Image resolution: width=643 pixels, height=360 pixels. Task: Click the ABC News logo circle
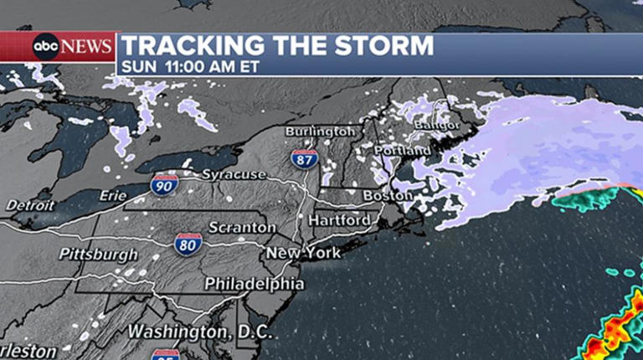pyautogui.click(x=46, y=47)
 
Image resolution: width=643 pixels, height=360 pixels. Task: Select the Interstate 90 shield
pyautogui.click(x=165, y=185)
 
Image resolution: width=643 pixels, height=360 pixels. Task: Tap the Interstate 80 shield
pyautogui.click(x=188, y=244)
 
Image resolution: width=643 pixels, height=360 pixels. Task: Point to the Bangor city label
pyautogui.click(x=436, y=125)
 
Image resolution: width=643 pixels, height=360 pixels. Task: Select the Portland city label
pyautogui.click(x=404, y=151)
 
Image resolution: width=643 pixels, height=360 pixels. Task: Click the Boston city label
pyautogui.click(x=387, y=196)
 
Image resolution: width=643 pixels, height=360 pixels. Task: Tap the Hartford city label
pyautogui.click(x=339, y=220)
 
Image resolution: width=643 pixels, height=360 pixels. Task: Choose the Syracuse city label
pyautogui.click(x=234, y=175)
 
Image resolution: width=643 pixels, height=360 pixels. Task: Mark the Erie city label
pyautogui.click(x=112, y=195)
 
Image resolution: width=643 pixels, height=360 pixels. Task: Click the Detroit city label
pyautogui.click(x=30, y=205)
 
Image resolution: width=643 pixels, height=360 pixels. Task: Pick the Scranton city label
pyautogui.click(x=242, y=228)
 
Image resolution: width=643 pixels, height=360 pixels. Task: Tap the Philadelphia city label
pyautogui.click(x=255, y=284)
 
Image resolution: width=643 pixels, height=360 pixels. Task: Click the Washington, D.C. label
pyautogui.click(x=199, y=332)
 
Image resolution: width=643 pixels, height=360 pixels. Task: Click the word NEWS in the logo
pyautogui.click(x=86, y=47)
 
